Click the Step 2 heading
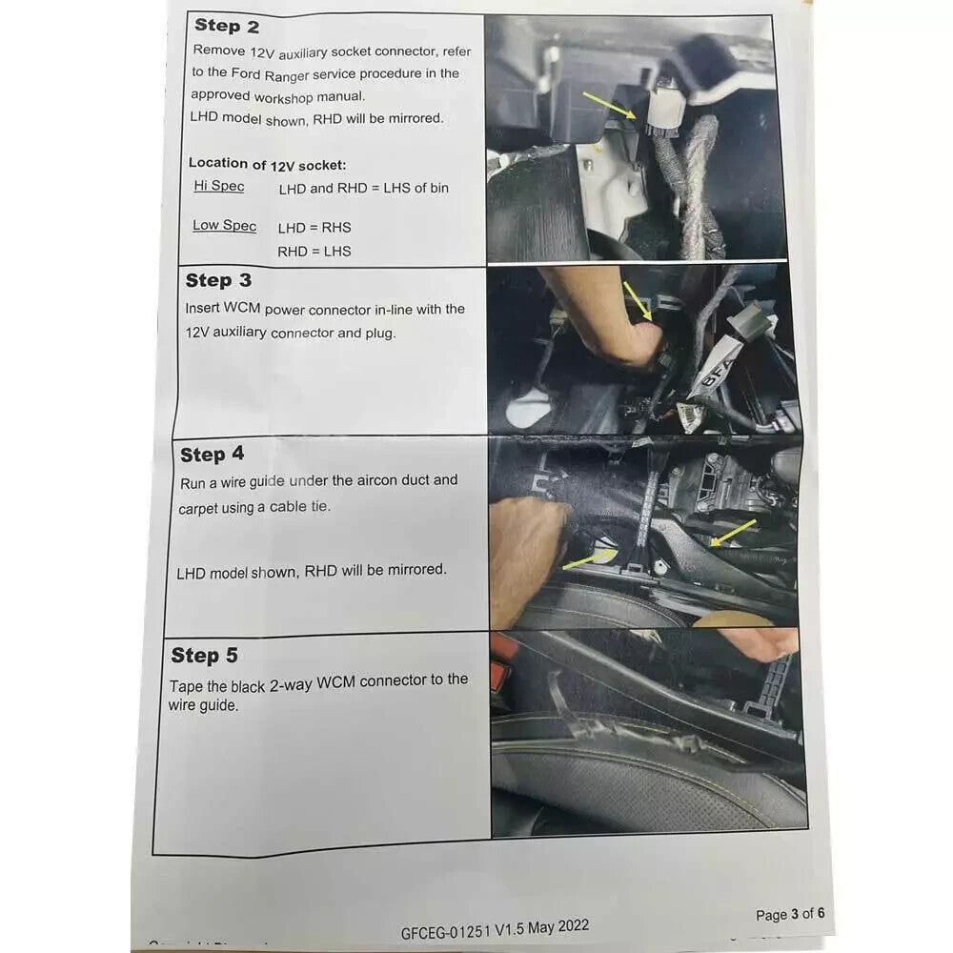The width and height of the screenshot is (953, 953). pyautogui.click(x=227, y=26)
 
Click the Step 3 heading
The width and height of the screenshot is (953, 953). pyautogui.click(x=218, y=280)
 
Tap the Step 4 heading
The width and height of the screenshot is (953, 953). pyautogui.click(x=213, y=454)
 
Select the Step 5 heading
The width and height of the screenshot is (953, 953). pyautogui.click(x=204, y=656)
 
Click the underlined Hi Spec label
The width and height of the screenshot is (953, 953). pyautogui.click(x=219, y=186)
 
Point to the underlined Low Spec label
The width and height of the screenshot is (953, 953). pyautogui.click(x=224, y=226)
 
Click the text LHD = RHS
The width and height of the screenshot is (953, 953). pyautogui.click(x=314, y=228)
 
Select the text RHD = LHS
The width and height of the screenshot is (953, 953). pyautogui.click(x=314, y=251)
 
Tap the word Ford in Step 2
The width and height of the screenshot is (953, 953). pyautogui.click(x=245, y=73)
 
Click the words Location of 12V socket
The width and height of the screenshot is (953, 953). pyautogui.click(x=268, y=164)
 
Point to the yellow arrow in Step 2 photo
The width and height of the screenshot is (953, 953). pyautogui.click(x=609, y=105)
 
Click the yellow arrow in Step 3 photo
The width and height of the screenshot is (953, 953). pyautogui.click(x=638, y=301)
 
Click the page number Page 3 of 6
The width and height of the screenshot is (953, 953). pyautogui.click(x=790, y=914)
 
